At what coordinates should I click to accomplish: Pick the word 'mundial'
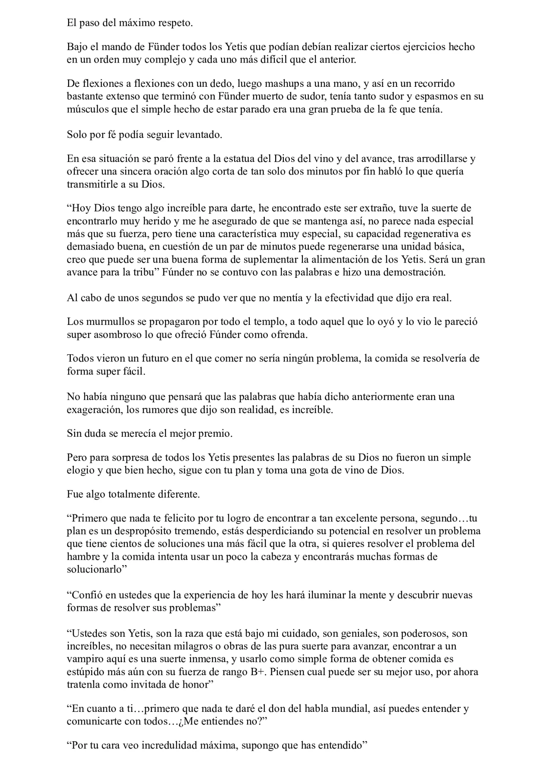click(339, 708)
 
